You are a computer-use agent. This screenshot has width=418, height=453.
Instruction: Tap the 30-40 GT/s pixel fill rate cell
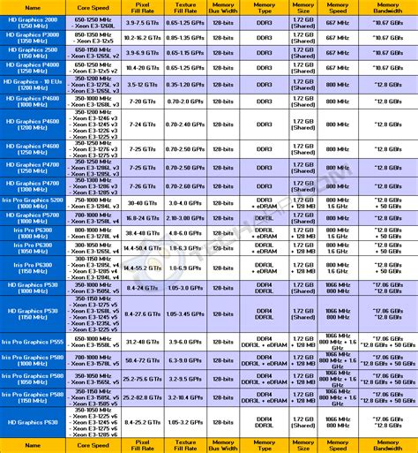(141, 202)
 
